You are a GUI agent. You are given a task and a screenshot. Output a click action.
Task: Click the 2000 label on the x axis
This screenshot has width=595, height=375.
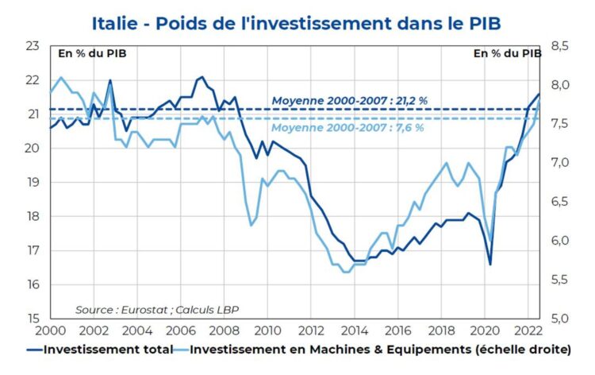(49, 331)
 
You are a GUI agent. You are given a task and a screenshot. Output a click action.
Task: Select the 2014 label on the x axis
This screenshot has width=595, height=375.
(355, 331)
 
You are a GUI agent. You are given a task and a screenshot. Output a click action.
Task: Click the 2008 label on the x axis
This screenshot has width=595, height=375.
(224, 331)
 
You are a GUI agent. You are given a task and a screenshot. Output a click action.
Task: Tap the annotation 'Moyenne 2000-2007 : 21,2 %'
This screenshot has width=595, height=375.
(350, 101)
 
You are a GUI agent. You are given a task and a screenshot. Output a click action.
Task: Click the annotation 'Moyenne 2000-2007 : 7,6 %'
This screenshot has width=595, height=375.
(347, 127)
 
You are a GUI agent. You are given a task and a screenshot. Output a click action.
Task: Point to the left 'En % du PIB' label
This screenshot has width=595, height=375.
(91, 54)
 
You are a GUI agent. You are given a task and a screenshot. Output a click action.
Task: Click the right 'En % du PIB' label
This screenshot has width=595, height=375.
(507, 54)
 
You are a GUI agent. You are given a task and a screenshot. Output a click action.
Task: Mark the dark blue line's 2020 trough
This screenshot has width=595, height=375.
(490, 265)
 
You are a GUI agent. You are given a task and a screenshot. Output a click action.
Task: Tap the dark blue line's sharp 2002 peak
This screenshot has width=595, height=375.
(109, 80)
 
